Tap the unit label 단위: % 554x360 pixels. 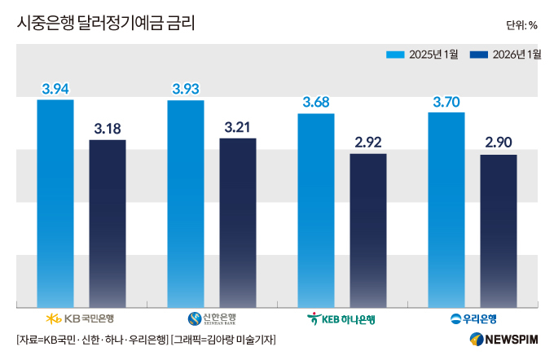coord(521,24)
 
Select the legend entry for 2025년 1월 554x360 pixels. coord(422,55)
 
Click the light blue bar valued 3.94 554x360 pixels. coord(55,204)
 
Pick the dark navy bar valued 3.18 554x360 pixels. coord(108,223)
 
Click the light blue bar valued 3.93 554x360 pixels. coord(186,204)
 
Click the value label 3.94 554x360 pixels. coord(55,88)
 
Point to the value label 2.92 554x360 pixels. coord(368,143)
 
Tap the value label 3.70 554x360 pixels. coord(446,102)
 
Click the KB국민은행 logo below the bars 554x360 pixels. coord(81,318)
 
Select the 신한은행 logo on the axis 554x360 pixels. coord(212,318)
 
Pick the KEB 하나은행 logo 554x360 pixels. coord(342,318)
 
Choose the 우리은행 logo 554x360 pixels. coord(473,318)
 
